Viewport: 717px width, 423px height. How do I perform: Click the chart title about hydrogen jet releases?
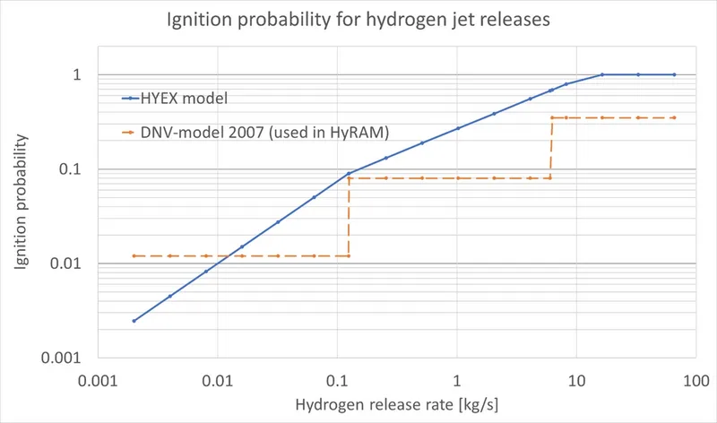(x=358, y=20)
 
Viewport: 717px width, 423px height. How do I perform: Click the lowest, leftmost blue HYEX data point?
(x=134, y=321)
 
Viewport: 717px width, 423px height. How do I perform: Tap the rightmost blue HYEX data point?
(x=674, y=75)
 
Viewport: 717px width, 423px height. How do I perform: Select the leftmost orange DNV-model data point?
(x=134, y=256)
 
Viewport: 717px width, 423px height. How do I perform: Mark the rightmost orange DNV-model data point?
(x=674, y=117)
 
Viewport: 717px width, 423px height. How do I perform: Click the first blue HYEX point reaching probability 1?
(x=602, y=75)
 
